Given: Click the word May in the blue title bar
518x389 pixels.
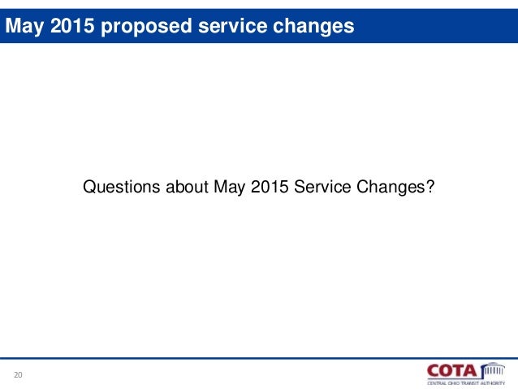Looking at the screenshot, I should click(x=24, y=27).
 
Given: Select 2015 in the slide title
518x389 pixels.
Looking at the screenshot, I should click(x=67, y=27).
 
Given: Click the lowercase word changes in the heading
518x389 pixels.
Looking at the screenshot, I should click(x=313, y=27).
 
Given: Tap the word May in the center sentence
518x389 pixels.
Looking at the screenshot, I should click(x=230, y=188).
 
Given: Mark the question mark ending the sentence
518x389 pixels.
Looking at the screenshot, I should click(x=430, y=188).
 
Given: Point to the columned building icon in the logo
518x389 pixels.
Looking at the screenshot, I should click(x=491, y=370).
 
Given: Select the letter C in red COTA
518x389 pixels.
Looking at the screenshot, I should click(x=434, y=370).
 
